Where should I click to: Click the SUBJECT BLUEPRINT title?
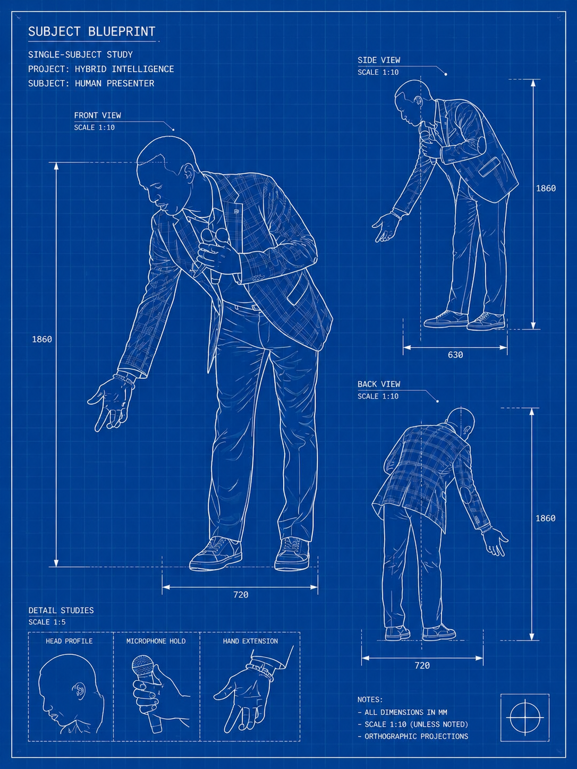tap(92, 31)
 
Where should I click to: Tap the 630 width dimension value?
tap(455, 355)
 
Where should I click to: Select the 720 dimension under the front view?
tap(241, 594)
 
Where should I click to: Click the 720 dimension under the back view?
tap(422, 665)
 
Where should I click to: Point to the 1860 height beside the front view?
tap(42, 339)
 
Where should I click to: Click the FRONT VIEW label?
tap(97, 115)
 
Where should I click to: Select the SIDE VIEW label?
tap(379, 60)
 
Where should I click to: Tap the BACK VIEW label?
tap(379, 384)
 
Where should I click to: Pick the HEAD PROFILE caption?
tap(69, 641)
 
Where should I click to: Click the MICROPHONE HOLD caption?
tap(156, 641)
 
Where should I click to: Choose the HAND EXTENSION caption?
tap(250, 641)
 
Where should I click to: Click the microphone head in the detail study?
tap(142, 667)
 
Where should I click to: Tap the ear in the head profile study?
tap(79, 689)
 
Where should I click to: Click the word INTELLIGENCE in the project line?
tap(143, 69)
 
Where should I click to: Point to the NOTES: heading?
tap(370, 699)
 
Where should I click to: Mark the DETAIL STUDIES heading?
tap(61, 610)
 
